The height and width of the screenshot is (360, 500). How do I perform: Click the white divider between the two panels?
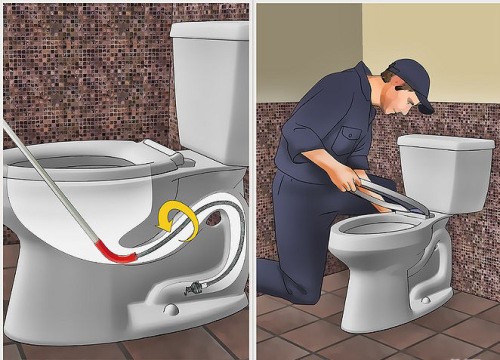tap(252, 180)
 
